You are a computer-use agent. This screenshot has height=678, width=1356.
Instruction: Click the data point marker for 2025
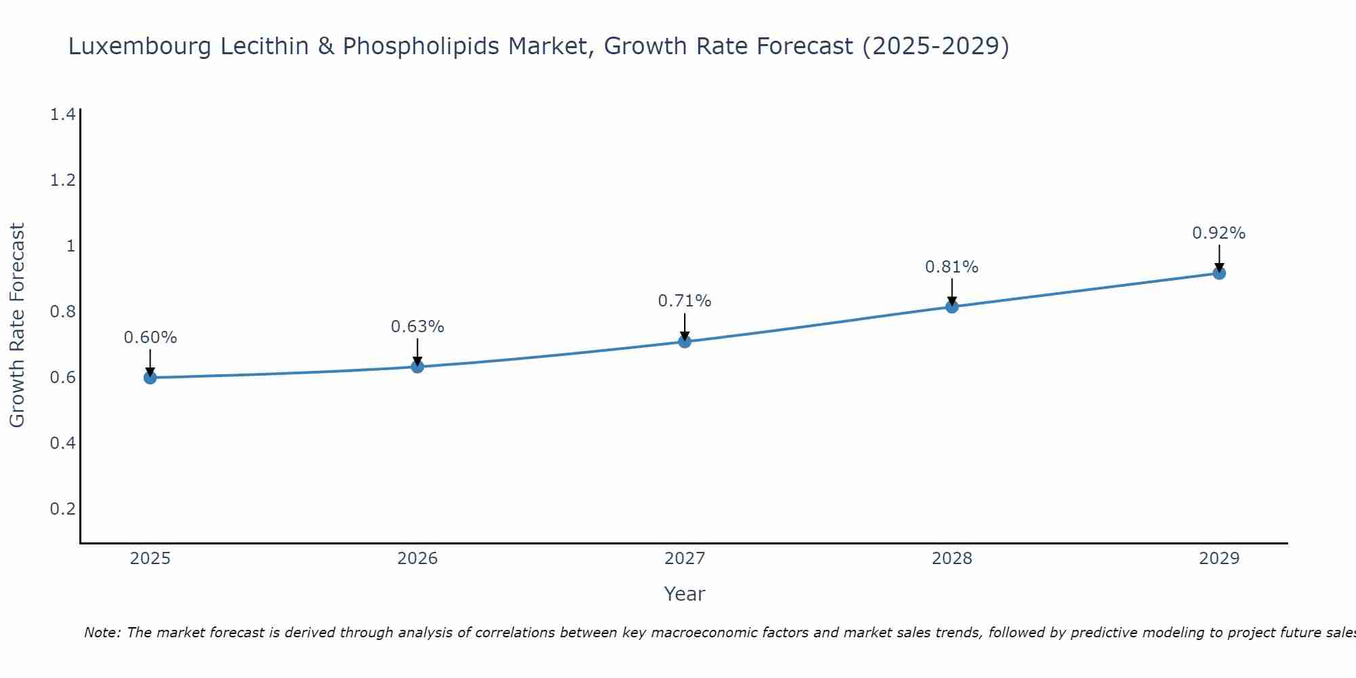pyautogui.click(x=150, y=378)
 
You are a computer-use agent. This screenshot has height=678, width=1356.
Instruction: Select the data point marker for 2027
pyautogui.click(x=685, y=342)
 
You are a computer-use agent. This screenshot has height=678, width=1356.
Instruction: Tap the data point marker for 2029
pyautogui.click(x=1219, y=273)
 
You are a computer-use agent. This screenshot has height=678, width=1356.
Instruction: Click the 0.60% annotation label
pyautogui.click(x=150, y=338)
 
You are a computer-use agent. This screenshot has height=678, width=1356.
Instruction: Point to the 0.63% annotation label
pyautogui.click(x=417, y=327)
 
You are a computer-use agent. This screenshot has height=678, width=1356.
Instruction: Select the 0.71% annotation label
pyautogui.click(x=685, y=301)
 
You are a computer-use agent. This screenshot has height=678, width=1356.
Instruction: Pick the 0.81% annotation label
pyautogui.click(x=952, y=267)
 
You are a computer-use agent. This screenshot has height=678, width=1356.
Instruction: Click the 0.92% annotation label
pyautogui.click(x=1219, y=233)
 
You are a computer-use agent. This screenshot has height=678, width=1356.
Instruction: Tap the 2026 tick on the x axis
pyautogui.click(x=417, y=559)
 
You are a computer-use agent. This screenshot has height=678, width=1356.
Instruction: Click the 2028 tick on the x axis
pyautogui.click(x=952, y=559)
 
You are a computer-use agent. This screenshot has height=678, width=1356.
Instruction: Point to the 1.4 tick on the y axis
pyautogui.click(x=62, y=115)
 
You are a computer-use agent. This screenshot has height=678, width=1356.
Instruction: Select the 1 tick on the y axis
pyautogui.click(x=70, y=245)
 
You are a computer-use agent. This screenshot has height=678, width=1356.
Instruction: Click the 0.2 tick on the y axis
pyautogui.click(x=62, y=509)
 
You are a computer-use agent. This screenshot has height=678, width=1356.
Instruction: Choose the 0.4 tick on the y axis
pyautogui.click(x=62, y=443)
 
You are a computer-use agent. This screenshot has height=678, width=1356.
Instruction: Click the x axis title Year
pyautogui.click(x=685, y=594)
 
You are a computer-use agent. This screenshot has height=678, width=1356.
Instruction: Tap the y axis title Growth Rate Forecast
pyautogui.click(x=18, y=325)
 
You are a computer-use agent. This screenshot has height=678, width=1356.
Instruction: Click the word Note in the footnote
pyautogui.click(x=102, y=633)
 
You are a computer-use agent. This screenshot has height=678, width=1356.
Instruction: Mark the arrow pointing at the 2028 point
pyautogui.click(x=952, y=293)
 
